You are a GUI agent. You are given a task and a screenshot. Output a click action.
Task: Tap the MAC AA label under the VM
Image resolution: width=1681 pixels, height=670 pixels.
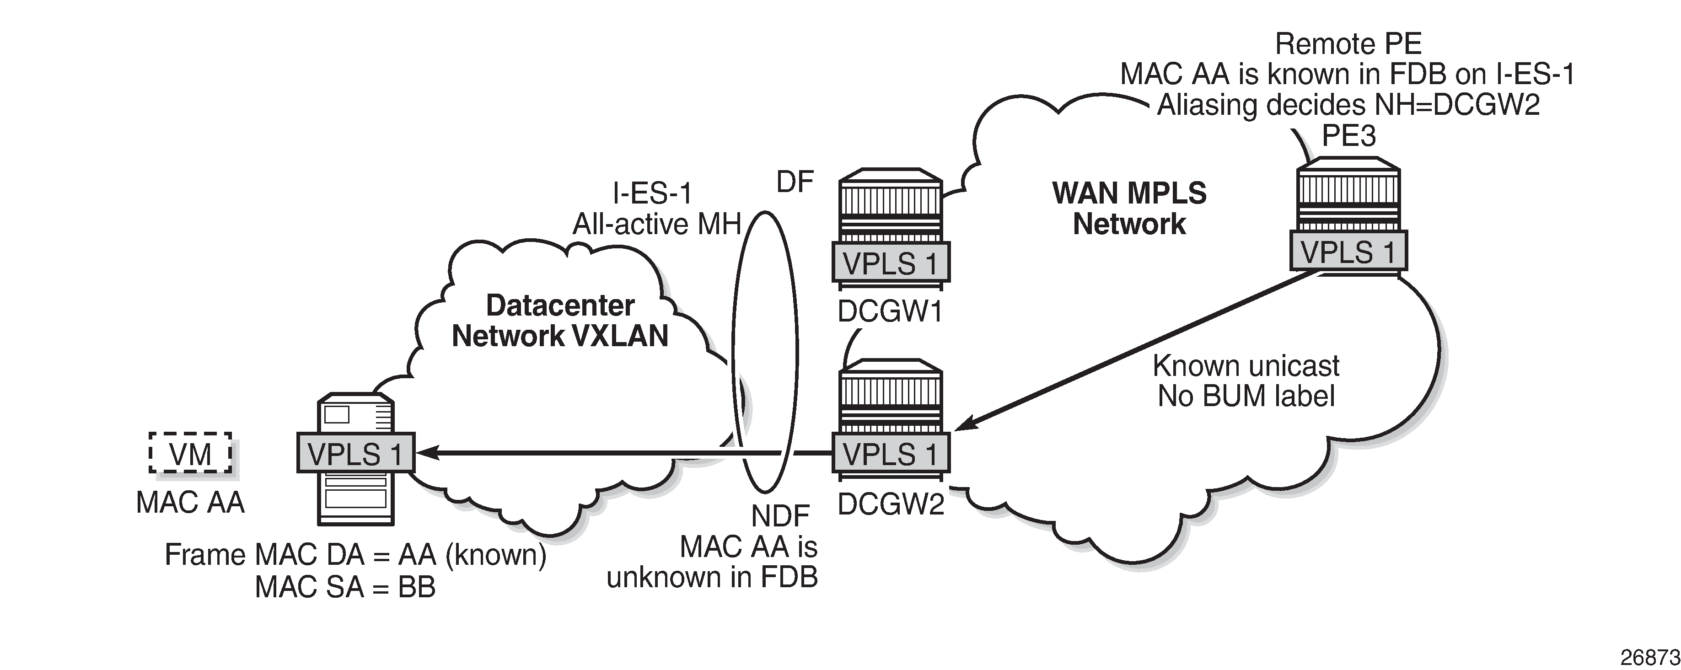(190, 502)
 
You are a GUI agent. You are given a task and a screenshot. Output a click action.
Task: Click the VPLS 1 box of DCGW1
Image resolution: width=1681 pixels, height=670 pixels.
(890, 263)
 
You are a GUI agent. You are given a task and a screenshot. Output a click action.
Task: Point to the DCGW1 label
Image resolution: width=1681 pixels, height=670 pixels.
(890, 312)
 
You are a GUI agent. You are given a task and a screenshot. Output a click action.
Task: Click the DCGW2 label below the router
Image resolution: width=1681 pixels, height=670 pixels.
(891, 504)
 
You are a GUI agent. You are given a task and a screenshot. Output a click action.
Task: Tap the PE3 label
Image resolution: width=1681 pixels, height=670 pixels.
(1348, 136)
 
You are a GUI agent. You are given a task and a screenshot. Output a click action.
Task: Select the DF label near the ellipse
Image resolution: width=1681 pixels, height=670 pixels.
(795, 182)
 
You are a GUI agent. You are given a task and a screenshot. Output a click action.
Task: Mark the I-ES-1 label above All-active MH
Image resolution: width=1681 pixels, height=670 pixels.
(652, 193)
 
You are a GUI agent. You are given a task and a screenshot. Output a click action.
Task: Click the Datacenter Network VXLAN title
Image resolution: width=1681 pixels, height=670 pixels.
(560, 320)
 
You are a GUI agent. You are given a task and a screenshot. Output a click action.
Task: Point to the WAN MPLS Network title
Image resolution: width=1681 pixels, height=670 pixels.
(1129, 208)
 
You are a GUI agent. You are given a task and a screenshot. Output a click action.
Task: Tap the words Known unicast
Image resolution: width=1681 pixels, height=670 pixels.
(1246, 365)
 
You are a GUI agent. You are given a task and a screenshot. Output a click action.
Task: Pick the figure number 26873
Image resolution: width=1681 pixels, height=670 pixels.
(1659, 656)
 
